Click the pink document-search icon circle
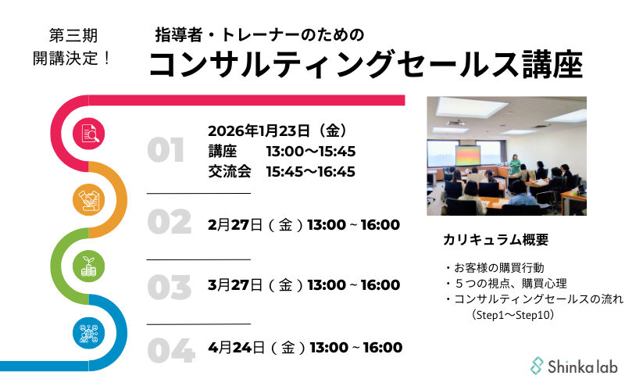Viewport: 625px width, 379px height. (88, 134)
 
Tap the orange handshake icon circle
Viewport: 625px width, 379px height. (88, 200)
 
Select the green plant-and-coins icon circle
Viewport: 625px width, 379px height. (88, 266)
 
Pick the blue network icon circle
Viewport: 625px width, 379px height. (88, 333)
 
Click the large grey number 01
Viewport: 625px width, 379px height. (166, 150)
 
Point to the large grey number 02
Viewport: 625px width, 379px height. (170, 222)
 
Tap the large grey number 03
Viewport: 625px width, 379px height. (170, 288)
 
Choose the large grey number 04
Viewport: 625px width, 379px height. (171, 351)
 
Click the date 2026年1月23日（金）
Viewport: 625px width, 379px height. (278, 131)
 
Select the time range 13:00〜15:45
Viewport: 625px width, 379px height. (310, 152)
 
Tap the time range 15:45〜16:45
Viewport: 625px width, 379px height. (310, 172)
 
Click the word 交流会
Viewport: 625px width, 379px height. (230, 172)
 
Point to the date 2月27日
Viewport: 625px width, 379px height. (235, 225)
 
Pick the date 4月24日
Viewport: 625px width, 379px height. (237, 348)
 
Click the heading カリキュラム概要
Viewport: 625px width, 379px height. (496, 240)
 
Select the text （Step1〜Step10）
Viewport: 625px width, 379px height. (513, 315)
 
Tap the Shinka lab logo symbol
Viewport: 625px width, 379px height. (537, 366)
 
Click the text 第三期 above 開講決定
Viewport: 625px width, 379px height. (73, 35)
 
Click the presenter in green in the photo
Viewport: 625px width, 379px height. (515, 164)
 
